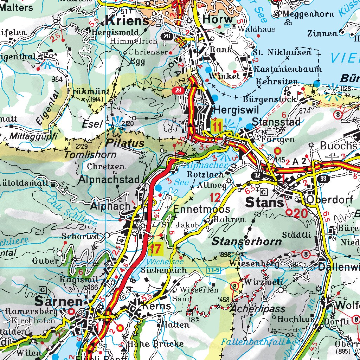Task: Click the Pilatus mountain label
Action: [x=126, y=143]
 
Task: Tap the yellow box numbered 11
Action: [x=218, y=126]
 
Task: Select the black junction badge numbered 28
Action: [x=167, y=36]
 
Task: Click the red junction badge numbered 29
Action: [x=178, y=91]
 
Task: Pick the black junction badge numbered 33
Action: [x=323, y=179]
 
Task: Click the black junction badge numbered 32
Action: [x=258, y=175]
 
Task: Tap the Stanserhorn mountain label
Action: [x=246, y=241]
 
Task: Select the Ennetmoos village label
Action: [x=202, y=209]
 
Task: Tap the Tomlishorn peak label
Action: [x=90, y=155]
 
